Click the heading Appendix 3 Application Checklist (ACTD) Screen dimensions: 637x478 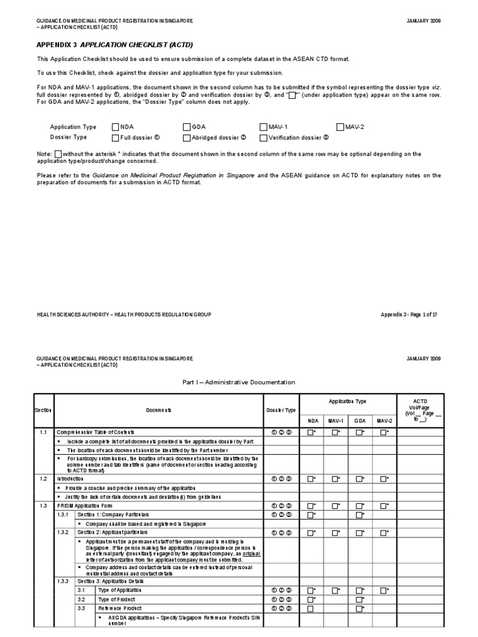coord(106,45)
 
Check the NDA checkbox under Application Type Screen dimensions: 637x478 coord(115,126)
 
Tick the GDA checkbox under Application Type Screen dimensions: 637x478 coord(187,126)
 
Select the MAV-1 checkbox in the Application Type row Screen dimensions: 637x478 coord(263,126)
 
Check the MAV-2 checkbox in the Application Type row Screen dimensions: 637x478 coord(340,126)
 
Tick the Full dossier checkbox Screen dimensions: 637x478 coord(115,137)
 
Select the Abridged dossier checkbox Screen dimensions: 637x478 coord(187,137)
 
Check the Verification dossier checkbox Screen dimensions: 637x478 coord(263,137)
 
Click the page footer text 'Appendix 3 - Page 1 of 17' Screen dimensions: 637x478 coord(409,315)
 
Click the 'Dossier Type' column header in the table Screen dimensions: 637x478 coord(281,411)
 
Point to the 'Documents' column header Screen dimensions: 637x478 coord(159,411)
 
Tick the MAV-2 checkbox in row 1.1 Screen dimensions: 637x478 coord(383,432)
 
